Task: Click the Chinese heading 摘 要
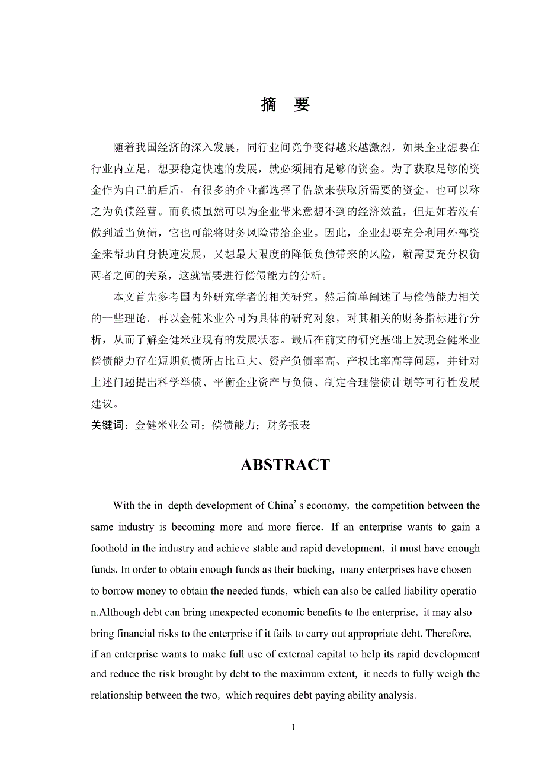(285, 105)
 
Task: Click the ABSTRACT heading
(285, 465)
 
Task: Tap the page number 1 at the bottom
(293, 727)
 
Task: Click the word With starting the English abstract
(124, 506)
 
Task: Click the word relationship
(116, 695)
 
